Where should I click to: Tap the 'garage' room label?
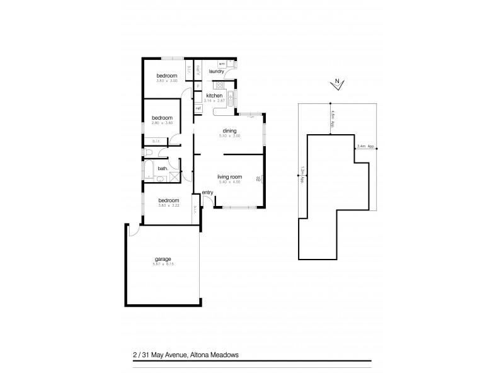(163, 259)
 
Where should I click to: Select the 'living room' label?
(229, 177)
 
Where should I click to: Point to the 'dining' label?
(229, 130)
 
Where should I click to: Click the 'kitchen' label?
(214, 96)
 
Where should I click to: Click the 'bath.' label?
(162, 168)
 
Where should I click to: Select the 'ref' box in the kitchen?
(198, 108)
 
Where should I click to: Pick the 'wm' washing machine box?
(222, 64)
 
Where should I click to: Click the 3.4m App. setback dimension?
(365, 147)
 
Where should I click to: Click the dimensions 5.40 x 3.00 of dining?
(229, 135)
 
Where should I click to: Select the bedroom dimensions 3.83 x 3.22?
(167, 205)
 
